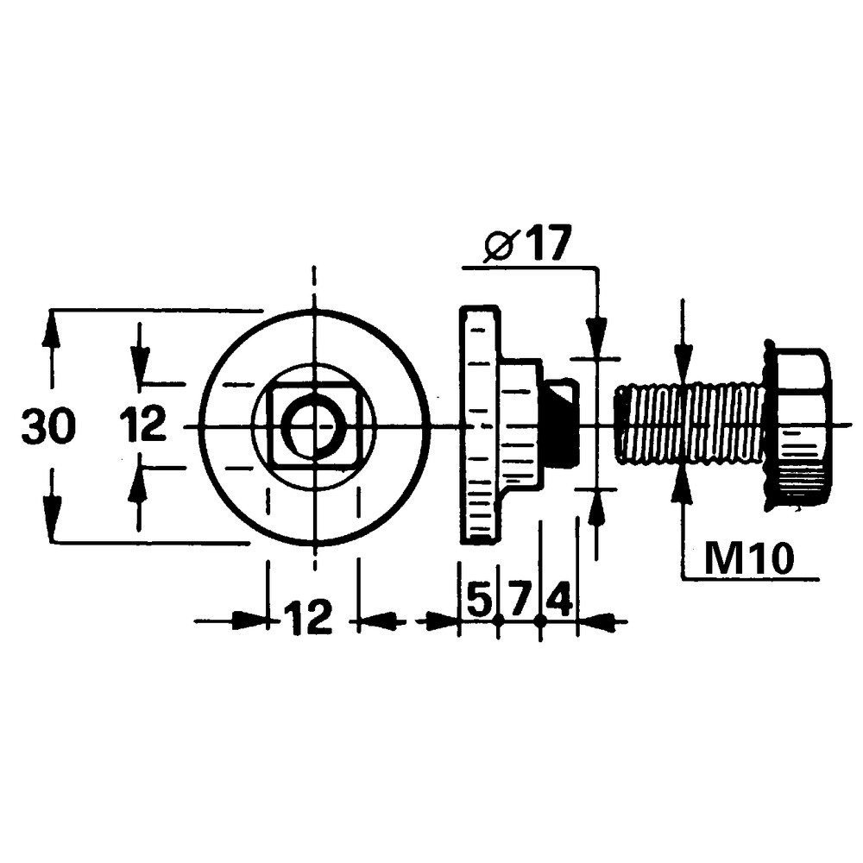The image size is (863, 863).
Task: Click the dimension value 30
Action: pos(49,427)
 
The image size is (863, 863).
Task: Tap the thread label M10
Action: pos(748,559)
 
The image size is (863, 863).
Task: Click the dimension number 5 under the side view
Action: pos(478,598)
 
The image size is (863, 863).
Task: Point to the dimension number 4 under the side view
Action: pos(558,598)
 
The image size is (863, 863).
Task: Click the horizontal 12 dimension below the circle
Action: pos(308,618)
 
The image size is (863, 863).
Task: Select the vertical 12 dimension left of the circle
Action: pos(143,425)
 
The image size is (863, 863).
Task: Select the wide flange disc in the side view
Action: pos(479,425)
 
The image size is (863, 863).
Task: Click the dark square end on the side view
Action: pos(561,425)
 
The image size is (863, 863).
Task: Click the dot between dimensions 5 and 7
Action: pos(499,620)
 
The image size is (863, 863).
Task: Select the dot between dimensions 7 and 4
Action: pos(539,620)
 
